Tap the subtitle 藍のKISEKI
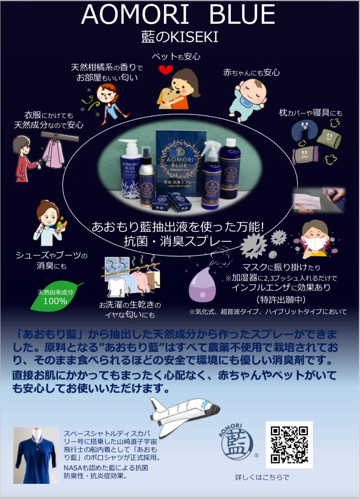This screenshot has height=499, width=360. point(179,37)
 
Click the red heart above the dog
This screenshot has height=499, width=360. point(165,70)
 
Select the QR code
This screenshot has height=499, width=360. point(289,445)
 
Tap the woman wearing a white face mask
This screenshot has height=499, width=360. point(314,238)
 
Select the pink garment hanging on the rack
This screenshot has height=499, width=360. point(53,155)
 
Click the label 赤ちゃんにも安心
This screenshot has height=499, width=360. point(251,72)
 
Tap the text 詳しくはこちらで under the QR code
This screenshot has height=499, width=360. point(262,477)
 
